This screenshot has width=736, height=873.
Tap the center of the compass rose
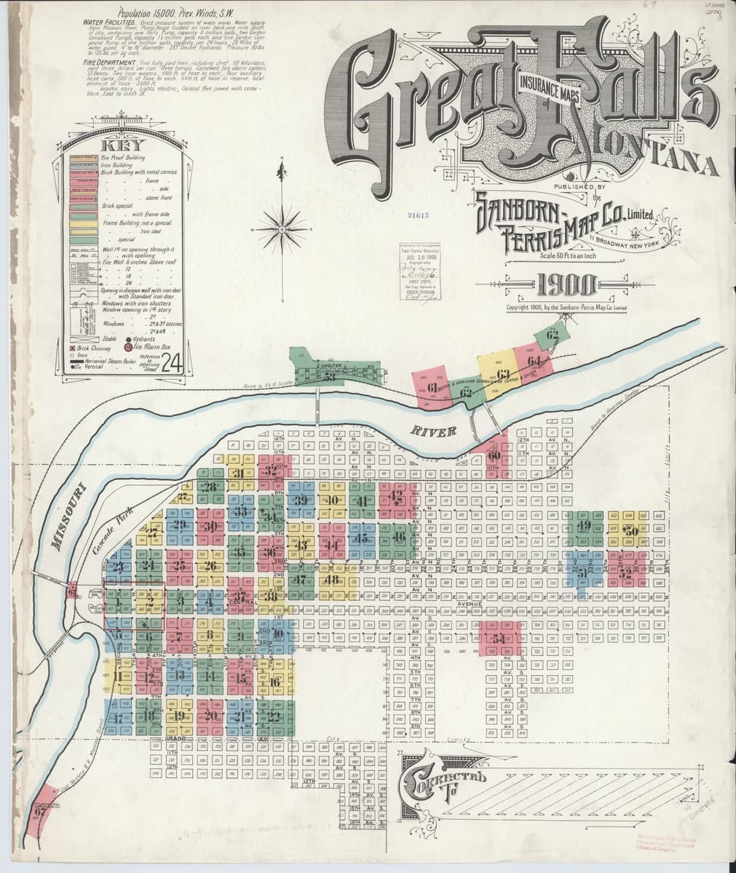pos(280,228)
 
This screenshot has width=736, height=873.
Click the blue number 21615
pos(419,215)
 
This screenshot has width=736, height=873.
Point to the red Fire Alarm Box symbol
pos(129,348)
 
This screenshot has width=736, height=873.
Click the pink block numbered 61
pos(432,386)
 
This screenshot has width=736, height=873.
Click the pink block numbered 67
pos(41,809)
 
